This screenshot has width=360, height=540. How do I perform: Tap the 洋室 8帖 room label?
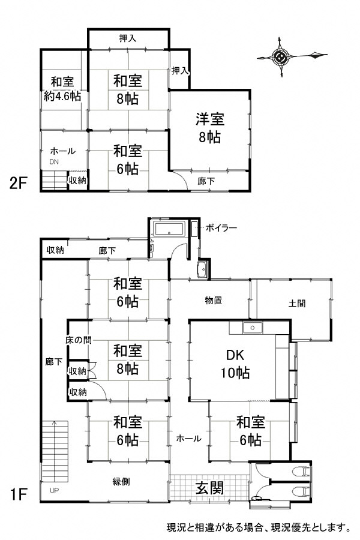(x=210, y=128)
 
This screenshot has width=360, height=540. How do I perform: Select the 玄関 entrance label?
(x=209, y=488)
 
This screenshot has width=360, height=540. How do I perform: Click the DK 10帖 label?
(x=235, y=364)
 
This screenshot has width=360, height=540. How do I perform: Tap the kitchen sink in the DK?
(x=253, y=328)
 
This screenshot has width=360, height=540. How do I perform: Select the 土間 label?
(x=296, y=304)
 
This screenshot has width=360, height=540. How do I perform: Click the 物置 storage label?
(x=213, y=301)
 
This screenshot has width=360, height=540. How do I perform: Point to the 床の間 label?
(x=79, y=340)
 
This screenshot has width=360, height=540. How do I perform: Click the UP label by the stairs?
(x=54, y=490)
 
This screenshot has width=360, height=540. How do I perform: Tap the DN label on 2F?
(x=54, y=162)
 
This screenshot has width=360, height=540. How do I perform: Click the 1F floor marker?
(x=19, y=494)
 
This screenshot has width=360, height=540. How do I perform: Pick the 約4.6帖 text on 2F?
(x=62, y=96)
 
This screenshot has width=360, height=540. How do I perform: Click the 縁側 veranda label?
(x=121, y=481)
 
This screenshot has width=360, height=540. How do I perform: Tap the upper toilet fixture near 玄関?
(x=301, y=472)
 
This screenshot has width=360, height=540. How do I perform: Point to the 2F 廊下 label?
(x=206, y=181)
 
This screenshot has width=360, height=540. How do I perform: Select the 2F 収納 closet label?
(x=77, y=180)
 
